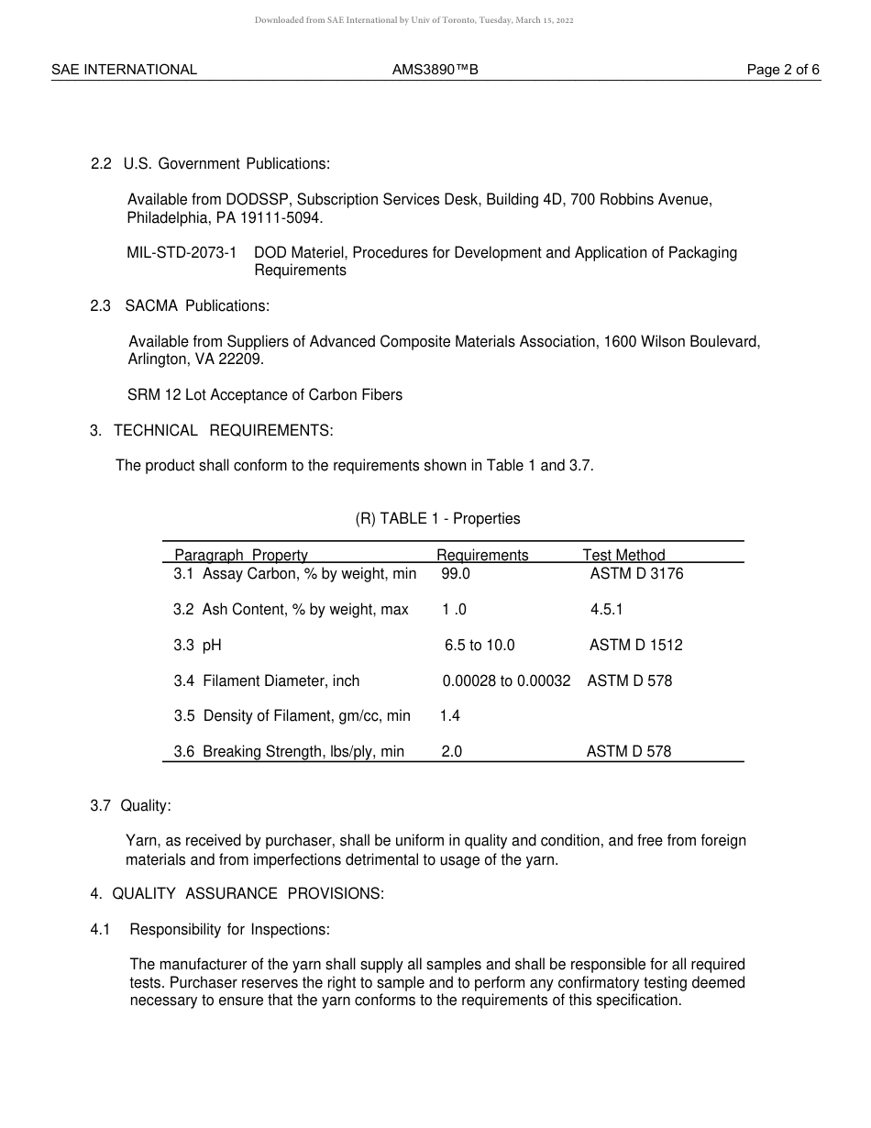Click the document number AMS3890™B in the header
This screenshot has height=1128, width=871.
(x=435, y=70)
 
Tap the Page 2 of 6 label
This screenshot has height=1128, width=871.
(x=783, y=70)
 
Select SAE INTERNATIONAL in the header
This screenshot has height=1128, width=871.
(x=124, y=70)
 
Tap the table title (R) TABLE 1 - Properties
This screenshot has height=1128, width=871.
(x=437, y=519)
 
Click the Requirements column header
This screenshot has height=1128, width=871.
(x=482, y=555)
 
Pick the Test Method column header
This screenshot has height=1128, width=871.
(x=623, y=555)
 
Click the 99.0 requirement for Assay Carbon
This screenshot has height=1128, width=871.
(x=456, y=574)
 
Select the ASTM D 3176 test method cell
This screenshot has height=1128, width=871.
(x=636, y=574)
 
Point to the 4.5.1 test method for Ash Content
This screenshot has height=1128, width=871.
(x=607, y=610)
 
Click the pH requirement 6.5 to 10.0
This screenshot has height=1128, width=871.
(x=480, y=646)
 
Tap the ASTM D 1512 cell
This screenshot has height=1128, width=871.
(x=636, y=646)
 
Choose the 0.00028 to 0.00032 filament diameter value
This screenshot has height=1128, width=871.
(x=506, y=681)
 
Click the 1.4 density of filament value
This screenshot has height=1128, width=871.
(x=450, y=716)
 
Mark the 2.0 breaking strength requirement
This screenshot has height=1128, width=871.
(x=452, y=752)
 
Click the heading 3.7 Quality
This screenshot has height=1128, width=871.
(x=131, y=806)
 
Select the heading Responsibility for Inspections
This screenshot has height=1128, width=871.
(x=229, y=930)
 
